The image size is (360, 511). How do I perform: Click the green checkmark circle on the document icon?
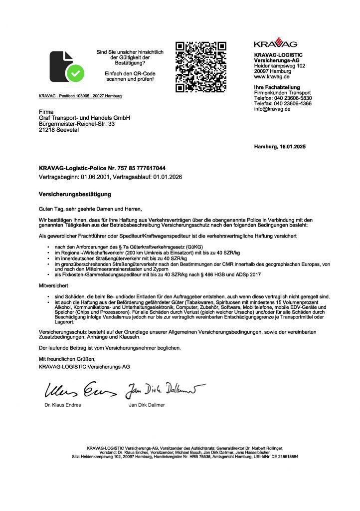[76, 73]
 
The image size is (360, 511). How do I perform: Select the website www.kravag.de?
[269, 77]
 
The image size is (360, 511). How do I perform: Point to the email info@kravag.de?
[272, 109]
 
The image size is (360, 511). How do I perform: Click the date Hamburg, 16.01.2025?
[279, 147]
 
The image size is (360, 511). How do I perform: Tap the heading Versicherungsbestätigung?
[75, 193]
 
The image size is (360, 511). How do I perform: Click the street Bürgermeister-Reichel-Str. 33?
[77, 123]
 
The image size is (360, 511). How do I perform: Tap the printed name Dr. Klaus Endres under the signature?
[63, 405]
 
